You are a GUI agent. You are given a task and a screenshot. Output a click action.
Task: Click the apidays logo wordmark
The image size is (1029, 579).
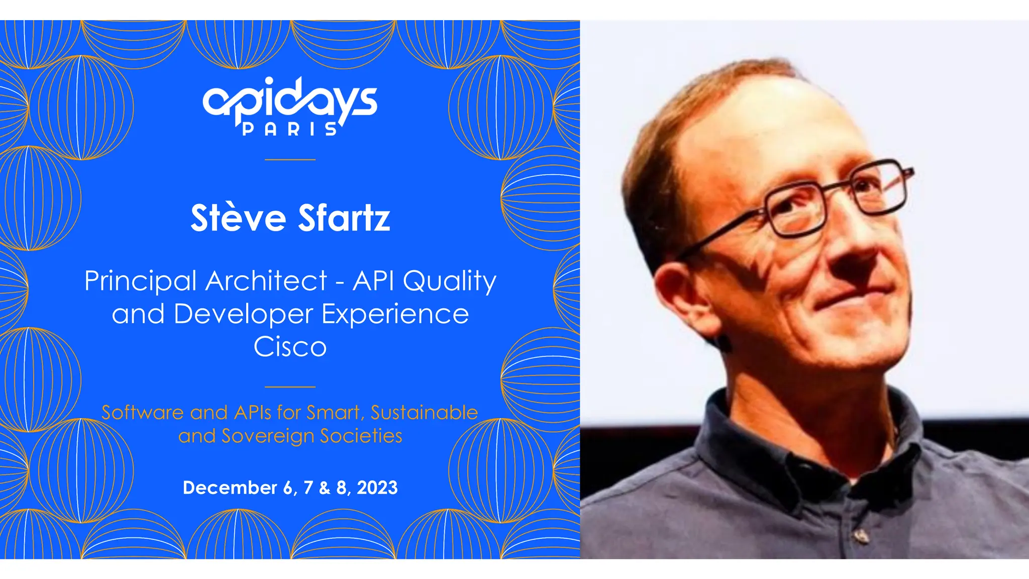click(290, 101)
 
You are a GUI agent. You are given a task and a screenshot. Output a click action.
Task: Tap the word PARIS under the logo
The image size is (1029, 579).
click(290, 130)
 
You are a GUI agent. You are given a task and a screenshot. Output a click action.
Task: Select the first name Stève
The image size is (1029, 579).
click(238, 218)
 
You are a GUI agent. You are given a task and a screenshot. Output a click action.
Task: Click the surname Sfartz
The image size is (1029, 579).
click(344, 218)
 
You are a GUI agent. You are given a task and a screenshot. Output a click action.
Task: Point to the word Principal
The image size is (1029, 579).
click(140, 281)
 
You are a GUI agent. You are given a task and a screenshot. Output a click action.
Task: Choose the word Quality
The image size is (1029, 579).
click(450, 281)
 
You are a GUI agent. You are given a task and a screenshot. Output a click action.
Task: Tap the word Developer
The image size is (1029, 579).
click(243, 315)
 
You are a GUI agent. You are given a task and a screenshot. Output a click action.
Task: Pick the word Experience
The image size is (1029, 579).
click(395, 315)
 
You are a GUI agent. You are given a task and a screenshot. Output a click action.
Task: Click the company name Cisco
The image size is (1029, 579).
click(290, 347)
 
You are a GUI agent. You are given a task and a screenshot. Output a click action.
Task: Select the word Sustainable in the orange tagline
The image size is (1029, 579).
click(424, 413)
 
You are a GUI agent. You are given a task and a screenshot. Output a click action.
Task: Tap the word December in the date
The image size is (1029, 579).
click(230, 488)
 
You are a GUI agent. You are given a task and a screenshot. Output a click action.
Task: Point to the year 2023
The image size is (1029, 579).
click(377, 488)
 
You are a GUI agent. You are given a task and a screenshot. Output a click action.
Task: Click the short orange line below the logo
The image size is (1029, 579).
click(290, 159)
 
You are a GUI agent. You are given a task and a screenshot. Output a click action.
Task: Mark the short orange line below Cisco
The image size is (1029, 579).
click(290, 387)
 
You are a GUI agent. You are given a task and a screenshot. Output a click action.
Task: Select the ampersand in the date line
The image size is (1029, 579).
click(325, 488)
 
